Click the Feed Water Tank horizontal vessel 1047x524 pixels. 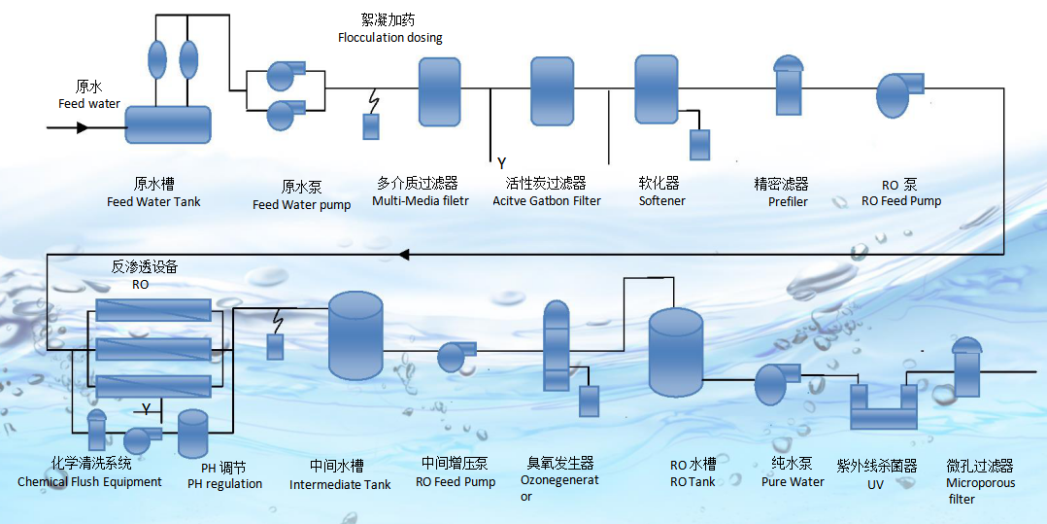pos(168,124)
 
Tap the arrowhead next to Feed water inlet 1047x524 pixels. pos(83,127)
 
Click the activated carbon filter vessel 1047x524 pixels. pos(553,90)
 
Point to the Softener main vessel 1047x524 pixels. pos(656,88)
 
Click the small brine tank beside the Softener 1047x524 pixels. pos(699,145)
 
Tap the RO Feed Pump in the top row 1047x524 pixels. pos(899,95)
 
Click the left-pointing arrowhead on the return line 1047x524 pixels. pos(404,255)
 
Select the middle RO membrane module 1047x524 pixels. pos(153,348)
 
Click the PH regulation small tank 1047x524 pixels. pos(193,435)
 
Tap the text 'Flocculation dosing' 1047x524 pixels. pos(389,38)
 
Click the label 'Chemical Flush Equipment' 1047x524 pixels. pos(89,481)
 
